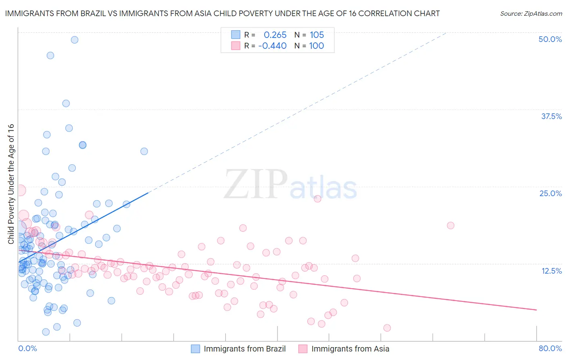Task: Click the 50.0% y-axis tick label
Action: click(550, 39)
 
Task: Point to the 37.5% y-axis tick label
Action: click(551, 116)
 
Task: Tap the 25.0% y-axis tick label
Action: click(550, 193)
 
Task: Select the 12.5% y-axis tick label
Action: click(551, 271)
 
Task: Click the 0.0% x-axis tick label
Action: click(27, 348)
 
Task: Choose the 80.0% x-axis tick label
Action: click(550, 348)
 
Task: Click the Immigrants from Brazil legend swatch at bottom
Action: click(196, 349)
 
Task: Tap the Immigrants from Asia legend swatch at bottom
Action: click(303, 349)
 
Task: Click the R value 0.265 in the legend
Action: click(275, 35)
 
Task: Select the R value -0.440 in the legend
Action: click(272, 46)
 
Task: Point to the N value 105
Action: click(317, 35)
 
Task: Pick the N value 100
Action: click(317, 46)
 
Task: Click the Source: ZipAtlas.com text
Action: click(531, 14)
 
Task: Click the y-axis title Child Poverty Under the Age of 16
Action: click(11, 184)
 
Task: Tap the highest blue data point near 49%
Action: click(75, 40)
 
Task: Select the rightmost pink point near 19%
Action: click(450, 226)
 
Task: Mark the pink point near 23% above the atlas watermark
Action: click(317, 199)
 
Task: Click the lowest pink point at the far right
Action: click(387, 328)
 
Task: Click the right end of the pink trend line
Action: click(536, 310)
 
